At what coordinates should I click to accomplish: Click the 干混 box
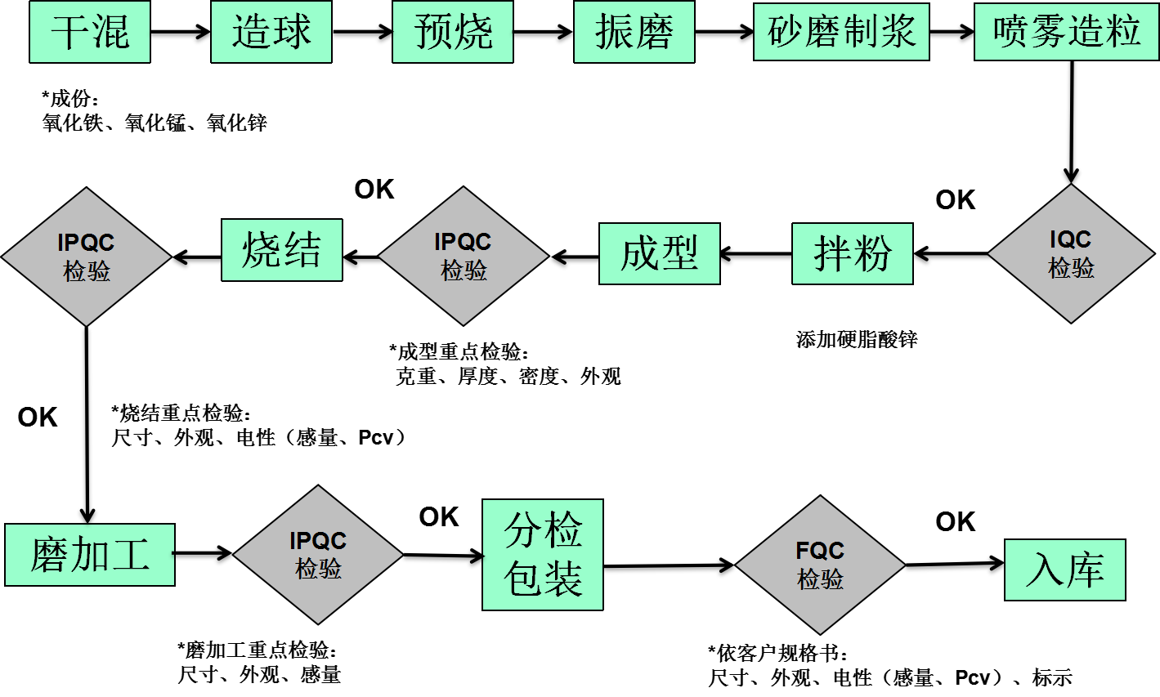pyautogui.click(x=90, y=32)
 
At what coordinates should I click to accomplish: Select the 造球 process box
pyautogui.click(x=271, y=32)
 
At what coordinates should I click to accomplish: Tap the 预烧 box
pyautogui.click(x=453, y=32)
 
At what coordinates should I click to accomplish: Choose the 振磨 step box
pyautogui.click(x=634, y=32)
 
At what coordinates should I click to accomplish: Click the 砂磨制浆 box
pyautogui.click(x=841, y=32)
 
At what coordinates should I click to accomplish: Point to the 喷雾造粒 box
pyautogui.click(x=1067, y=32)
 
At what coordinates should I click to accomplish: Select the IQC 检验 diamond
pyautogui.click(x=1071, y=253)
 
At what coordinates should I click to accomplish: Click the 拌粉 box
pyautogui.click(x=853, y=253)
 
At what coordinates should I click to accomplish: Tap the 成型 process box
pyautogui.click(x=660, y=253)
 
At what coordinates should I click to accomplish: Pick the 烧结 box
pyautogui.click(x=282, y=250)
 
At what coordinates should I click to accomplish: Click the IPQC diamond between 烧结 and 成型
pyautogui.click(x=464, y=256)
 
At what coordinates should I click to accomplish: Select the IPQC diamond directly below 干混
pyautogui.click(x=87, y=257)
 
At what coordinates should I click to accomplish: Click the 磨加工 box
pyautogui.click(x=90, y=555)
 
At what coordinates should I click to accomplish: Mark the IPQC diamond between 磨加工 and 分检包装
pyautogui.click(x=318, y=555)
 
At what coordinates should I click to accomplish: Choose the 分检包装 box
pyautogui.click(x=543, y=555)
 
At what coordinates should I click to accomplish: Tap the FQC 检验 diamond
pyautogui.click(x=820, y=565)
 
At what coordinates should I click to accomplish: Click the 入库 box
pyautogui.click(x=1065, y=570)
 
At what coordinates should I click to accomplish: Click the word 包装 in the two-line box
pyautogui.click(x=543, y=579)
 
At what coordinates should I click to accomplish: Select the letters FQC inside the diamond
pyautogui.click(x=820, y=551)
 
